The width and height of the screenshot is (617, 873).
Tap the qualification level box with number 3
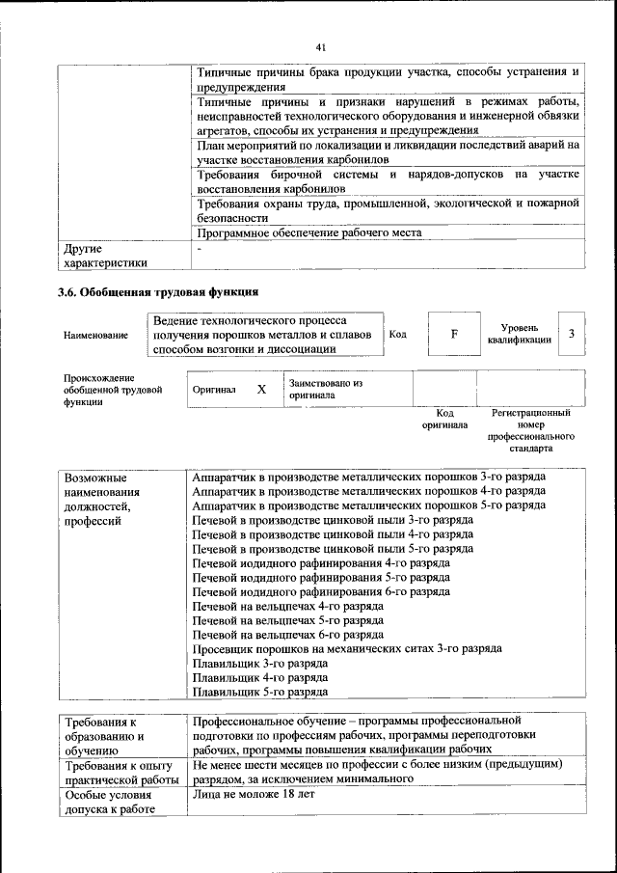(x=572, y=334)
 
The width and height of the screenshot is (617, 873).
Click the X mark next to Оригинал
(x=261, y=389)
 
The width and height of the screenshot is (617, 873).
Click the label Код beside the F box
(x=398, y=334)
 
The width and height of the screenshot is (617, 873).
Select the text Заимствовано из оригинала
(x=325, y=389)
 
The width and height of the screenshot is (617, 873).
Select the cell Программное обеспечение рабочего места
(x=308, y=232)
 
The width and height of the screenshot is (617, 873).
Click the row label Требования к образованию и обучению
(x=106, y=735)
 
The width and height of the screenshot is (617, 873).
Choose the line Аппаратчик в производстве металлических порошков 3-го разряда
(x=369, y=477)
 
